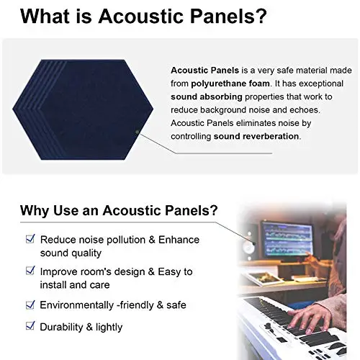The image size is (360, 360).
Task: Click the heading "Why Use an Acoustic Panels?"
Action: [120, 211]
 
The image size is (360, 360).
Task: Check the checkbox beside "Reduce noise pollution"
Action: [30, 238]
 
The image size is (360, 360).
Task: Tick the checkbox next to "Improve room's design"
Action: [30, 271]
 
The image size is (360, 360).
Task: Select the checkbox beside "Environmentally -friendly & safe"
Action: [30, 304]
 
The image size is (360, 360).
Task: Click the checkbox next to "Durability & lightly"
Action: [30, 325]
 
